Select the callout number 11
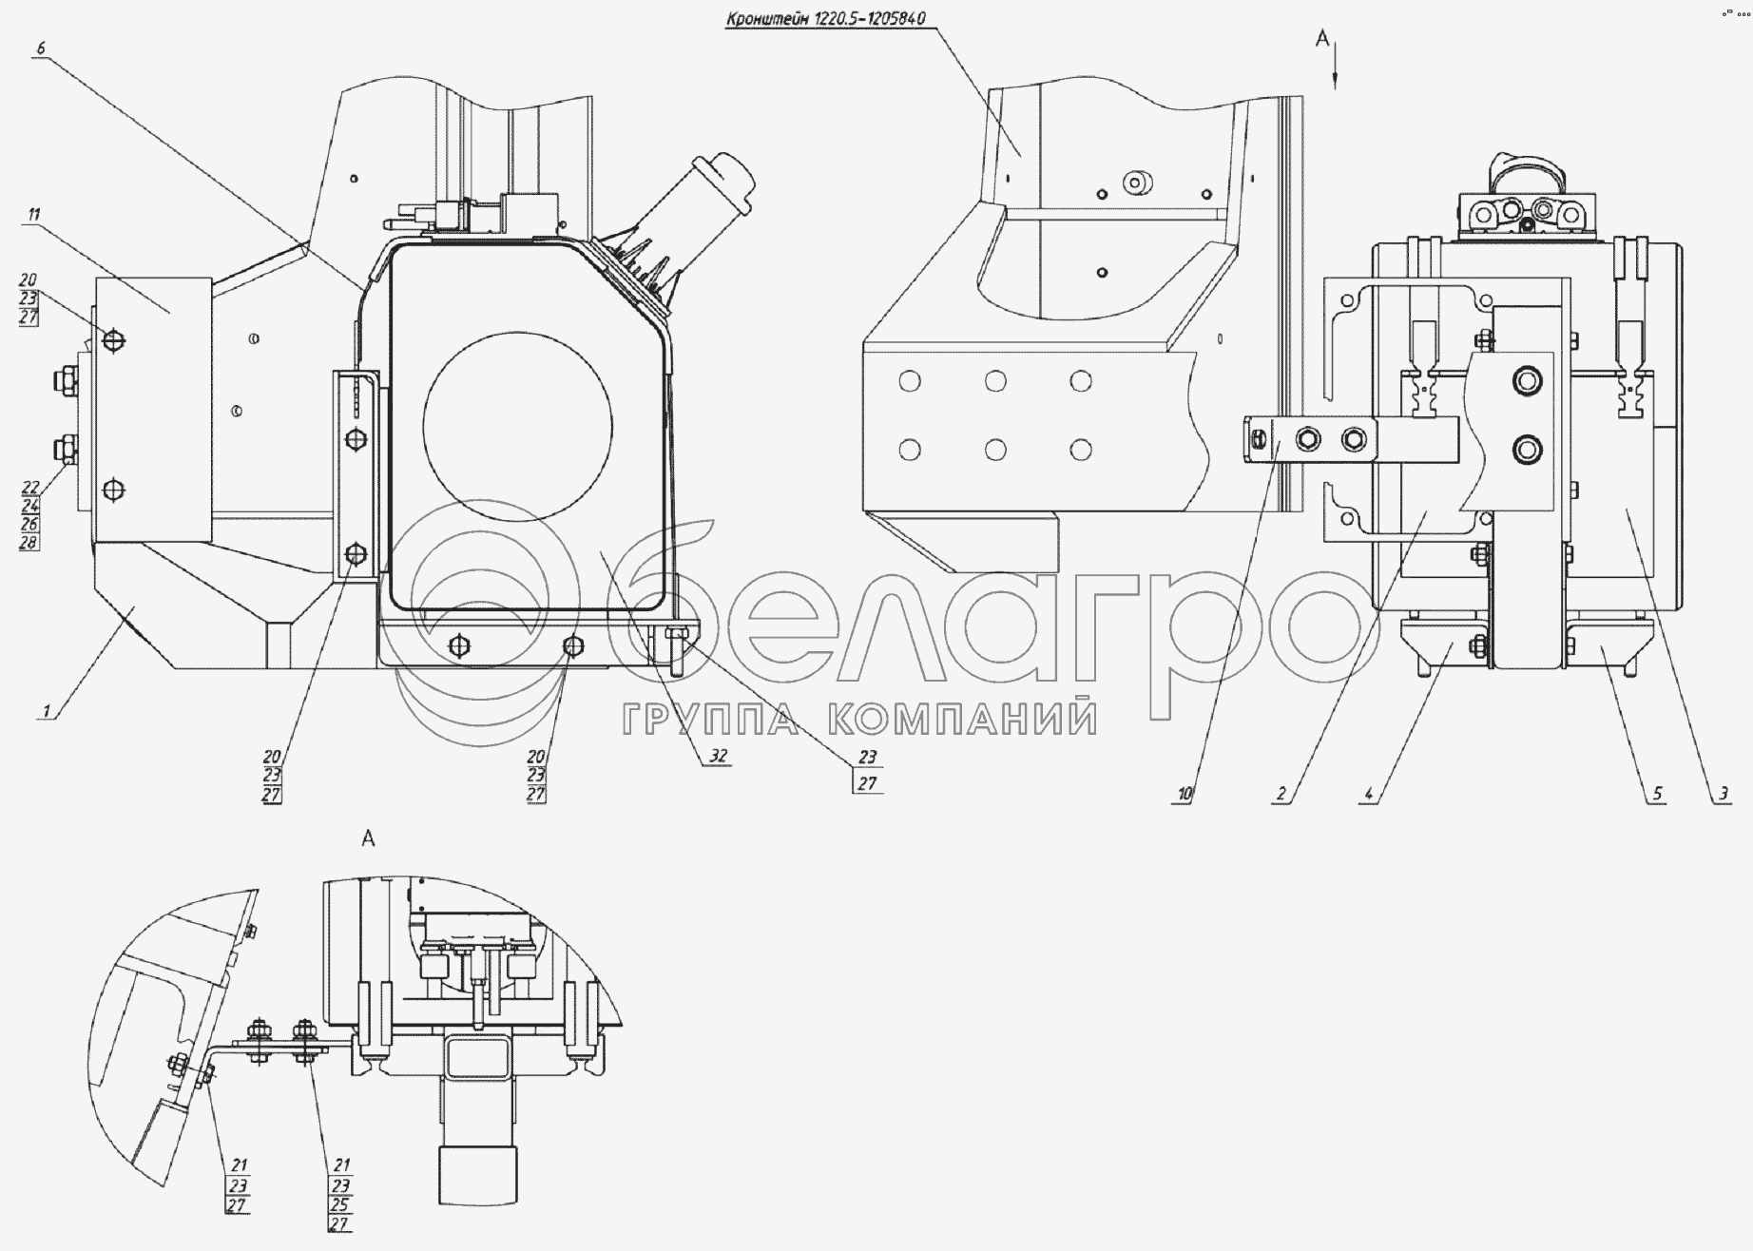pos(34,215)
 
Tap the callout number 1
pos(44,708)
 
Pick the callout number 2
pos(1281,794)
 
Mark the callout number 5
pos(1657,794)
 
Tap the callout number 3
pos(1722,794)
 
